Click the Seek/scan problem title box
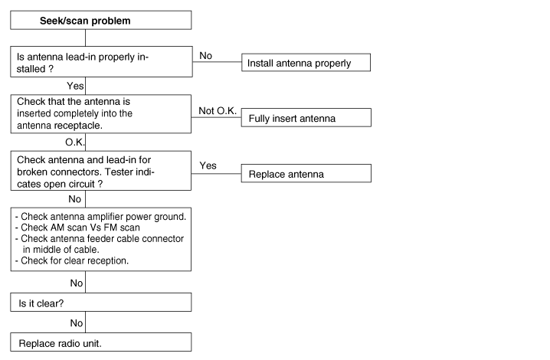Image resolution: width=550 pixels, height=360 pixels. [100, 20]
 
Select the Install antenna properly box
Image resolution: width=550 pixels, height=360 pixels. [306, 63]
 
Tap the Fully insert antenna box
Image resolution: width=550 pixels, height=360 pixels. [306, 117]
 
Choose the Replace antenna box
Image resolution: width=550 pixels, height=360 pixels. [306, 173]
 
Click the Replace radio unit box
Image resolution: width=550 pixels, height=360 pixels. [100, 342]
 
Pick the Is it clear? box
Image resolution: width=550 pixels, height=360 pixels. [100, 302]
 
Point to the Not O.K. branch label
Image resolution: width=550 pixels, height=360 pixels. [218, 111]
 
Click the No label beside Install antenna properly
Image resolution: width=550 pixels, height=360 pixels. [205, 56]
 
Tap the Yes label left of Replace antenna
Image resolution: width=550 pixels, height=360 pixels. [208, 165]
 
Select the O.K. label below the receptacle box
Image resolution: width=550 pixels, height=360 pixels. [75, 142]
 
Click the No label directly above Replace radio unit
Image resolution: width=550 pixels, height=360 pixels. [76, 322]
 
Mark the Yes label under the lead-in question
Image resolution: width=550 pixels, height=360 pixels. [75, 86]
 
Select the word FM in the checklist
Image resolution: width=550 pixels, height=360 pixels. [110, 227]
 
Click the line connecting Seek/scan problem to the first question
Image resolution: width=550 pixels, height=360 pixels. [85, 38]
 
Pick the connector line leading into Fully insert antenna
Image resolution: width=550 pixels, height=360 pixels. [216, 117]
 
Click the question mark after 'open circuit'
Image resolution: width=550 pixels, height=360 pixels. [100, 184]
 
